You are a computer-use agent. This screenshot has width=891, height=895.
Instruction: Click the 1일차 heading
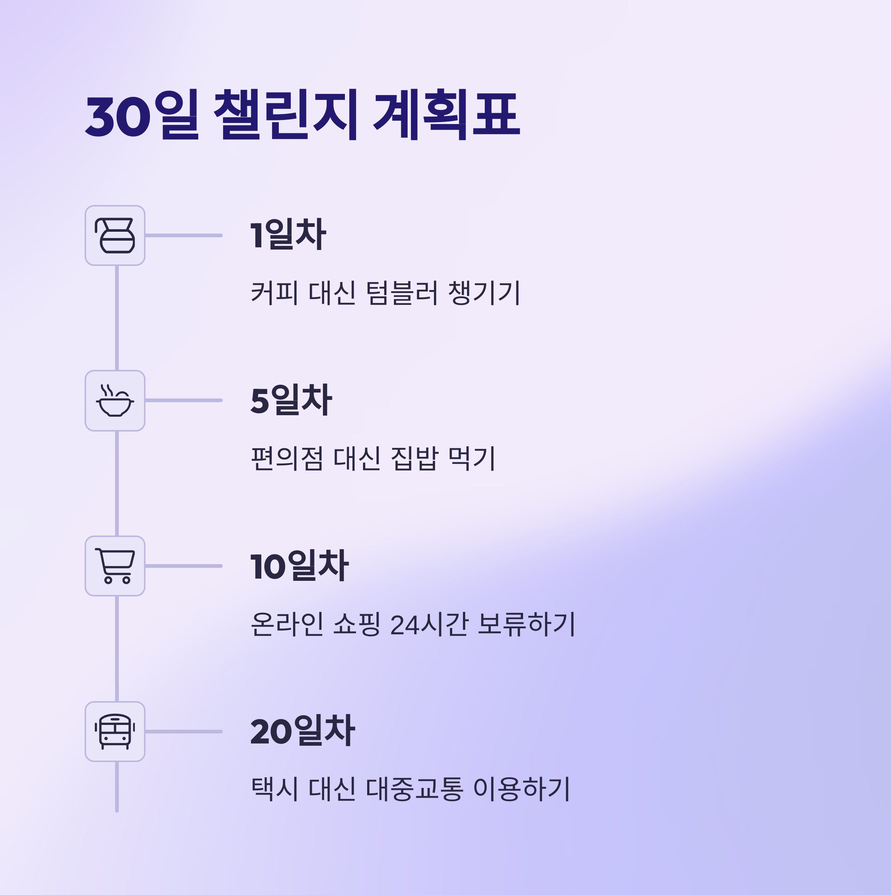288,234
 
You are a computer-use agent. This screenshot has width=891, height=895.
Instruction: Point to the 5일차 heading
291,400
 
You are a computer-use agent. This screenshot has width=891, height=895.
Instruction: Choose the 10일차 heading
299,566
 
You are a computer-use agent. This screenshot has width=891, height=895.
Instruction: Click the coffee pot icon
115,235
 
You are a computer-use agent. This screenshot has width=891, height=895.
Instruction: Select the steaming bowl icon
115,401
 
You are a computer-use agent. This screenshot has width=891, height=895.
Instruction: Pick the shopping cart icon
115,566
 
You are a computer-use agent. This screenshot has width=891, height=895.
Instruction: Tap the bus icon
115,732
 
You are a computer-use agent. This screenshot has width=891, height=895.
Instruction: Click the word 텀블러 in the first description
401,293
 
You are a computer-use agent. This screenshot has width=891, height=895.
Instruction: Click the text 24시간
429,624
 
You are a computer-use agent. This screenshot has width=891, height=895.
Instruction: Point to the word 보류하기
526,624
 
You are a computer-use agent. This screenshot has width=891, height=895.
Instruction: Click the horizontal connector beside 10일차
183,566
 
